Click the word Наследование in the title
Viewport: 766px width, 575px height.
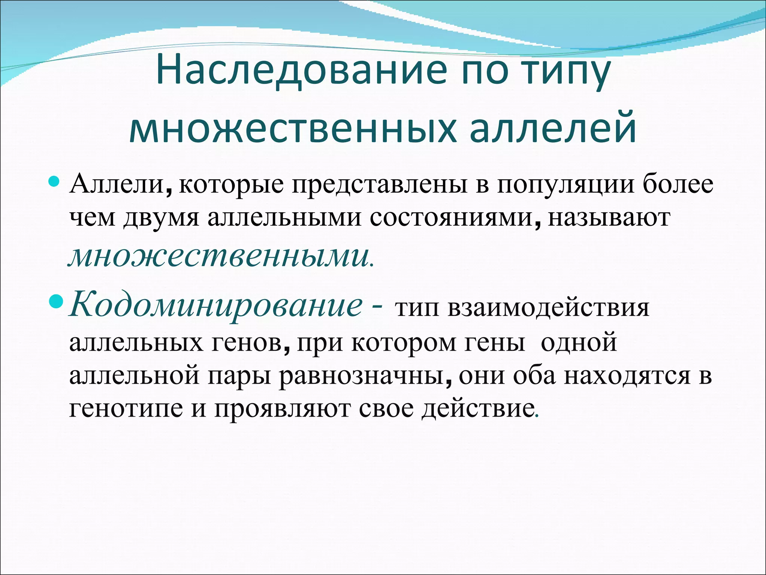[301, 70]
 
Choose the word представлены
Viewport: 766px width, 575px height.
[379, 185]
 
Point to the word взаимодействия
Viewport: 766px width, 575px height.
[548, 308]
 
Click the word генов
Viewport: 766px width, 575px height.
[247, 342]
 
